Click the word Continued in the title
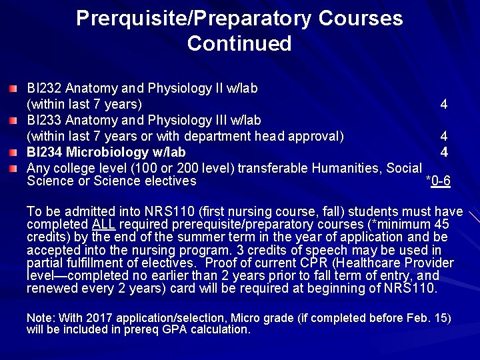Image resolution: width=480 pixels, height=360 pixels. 239,44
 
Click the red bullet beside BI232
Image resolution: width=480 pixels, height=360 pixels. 15,89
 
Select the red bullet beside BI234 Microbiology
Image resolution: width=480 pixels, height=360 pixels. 15,153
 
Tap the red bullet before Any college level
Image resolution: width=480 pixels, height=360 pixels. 15,168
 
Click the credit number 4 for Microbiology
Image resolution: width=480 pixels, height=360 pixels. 444,152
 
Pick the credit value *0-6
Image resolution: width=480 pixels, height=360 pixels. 438,181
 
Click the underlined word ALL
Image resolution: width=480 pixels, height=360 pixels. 104,224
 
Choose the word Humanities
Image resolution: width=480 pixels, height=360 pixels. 347,168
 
